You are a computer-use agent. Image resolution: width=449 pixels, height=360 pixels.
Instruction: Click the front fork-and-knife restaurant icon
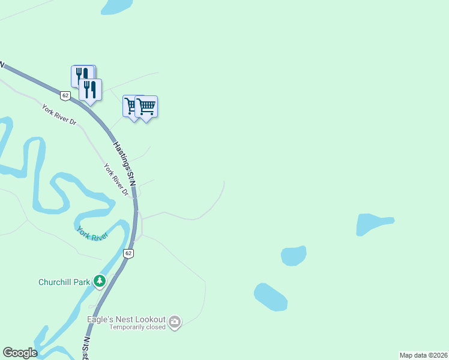[x=90, y=90]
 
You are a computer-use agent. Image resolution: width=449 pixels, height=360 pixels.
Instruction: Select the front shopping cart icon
[x=146, y=107]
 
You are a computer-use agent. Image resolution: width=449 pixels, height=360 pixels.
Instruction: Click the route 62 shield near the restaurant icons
[x=65, y=95]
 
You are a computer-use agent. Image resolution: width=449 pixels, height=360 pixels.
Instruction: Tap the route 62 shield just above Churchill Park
[x=128, y=253]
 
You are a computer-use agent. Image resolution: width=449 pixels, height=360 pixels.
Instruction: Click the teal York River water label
[x=92, y=233]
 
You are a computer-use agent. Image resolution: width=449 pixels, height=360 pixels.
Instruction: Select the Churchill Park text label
[x=64, y=281]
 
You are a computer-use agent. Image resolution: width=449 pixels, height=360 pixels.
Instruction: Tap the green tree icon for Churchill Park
[x=99, y=280]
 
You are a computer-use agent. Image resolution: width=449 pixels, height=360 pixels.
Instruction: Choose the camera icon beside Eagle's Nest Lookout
[x=175, y=322]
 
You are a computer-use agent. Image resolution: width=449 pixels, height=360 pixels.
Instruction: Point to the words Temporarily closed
[x=137, y=328]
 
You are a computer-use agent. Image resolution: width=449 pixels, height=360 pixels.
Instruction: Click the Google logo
[x=20, y=353]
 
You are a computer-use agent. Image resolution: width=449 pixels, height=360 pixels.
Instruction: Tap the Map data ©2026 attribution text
[x=423, y=355]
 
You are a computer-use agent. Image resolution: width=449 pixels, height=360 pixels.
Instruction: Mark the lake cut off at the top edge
[x=116, y=6]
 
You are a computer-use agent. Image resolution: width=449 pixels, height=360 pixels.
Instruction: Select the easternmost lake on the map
[x=374, y=224]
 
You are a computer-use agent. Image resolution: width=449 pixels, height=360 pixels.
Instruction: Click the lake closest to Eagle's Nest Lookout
[x=270, y=297]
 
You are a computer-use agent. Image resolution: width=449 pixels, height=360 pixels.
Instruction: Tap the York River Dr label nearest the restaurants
[x=59, y=114]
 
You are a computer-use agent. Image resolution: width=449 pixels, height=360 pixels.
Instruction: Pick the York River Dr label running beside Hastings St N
[x=116, y=179]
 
